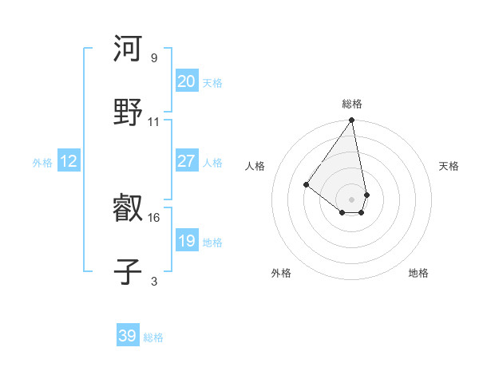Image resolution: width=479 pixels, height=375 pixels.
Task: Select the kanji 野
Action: coord(128,112)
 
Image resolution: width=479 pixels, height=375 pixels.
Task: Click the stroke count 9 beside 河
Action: coord(153,58)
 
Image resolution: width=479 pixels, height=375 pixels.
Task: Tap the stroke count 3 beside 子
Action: coord(153,281)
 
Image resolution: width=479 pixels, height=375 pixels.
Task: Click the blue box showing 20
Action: coord(186,81)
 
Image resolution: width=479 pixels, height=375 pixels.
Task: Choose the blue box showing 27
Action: coord(186,161)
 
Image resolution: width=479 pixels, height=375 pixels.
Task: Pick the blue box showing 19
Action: coord(186,241)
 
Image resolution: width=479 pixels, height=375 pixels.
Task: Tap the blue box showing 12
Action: coord(69,161)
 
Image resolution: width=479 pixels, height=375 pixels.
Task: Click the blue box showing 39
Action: coord(128,336)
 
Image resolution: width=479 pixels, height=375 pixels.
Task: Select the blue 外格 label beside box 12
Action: coord(42,163)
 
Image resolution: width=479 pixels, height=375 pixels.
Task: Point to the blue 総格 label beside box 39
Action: coord(153,337)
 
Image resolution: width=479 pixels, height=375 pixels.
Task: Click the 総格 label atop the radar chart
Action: coord(352,104)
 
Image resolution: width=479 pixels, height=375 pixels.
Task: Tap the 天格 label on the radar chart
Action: coord(449,166)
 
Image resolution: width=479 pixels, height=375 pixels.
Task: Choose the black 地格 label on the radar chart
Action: coord(418,273)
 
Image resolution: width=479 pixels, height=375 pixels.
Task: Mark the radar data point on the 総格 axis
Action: coord(352,121)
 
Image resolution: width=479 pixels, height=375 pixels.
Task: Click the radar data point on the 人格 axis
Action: coord(306,184)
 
